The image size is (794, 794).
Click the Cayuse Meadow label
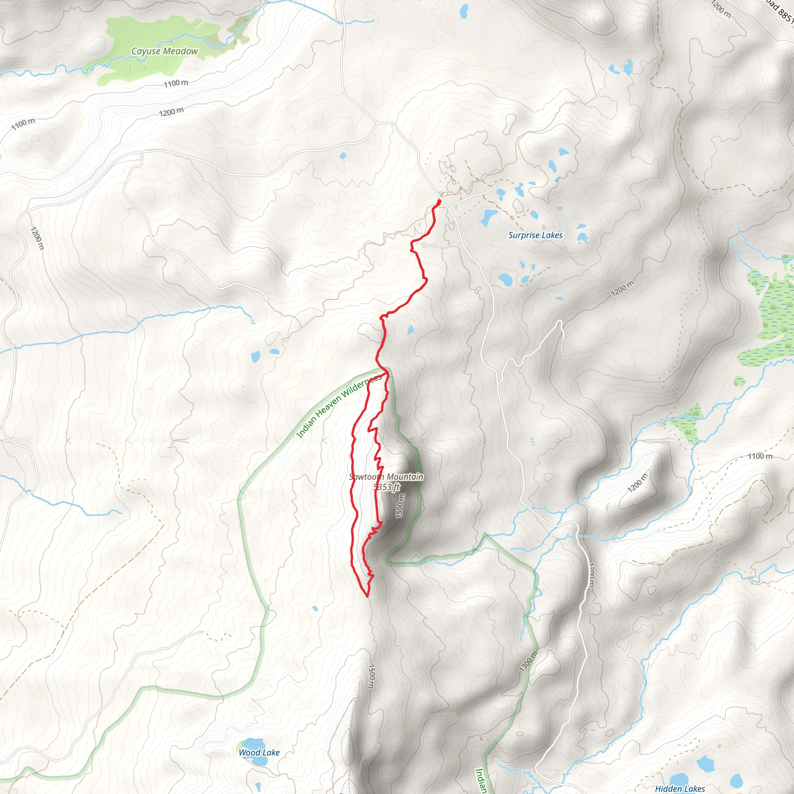(164, 51)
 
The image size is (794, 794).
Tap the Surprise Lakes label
(535, 235)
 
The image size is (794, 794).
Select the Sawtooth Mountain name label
(386, 477)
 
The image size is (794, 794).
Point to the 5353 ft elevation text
(386, 487)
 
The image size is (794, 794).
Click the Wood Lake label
(259, 753)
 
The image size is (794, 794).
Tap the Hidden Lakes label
(680, 789)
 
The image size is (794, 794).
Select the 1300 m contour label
(528, 661)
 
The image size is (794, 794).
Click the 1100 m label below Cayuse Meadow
(176, 83)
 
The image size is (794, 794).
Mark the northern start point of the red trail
(439, 201)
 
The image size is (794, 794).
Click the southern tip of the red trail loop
(367, 595)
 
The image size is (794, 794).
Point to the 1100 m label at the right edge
(760, 456)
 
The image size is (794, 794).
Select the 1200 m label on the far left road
(37, 238)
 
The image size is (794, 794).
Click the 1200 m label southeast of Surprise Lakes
(622, 288)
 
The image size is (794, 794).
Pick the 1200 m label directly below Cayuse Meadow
(171, 112)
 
